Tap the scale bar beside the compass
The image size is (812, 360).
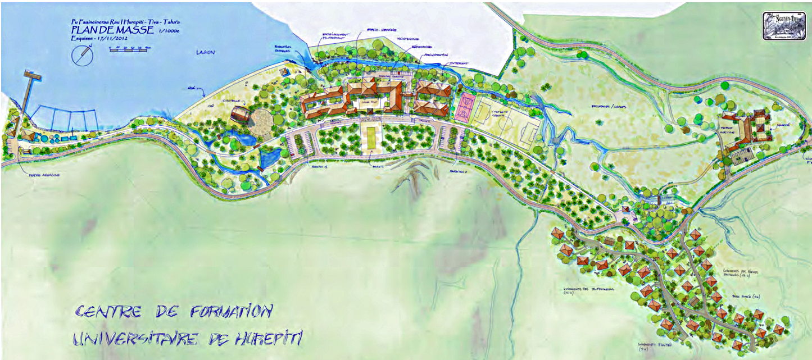pyautogui.click(x=130, y=49)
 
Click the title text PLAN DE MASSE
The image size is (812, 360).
pyautogui.click(x=111, y=30)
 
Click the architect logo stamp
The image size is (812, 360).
pyautogui.click(x=783, y=26)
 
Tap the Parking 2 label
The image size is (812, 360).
pyautogui.click(x=459, y=170)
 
